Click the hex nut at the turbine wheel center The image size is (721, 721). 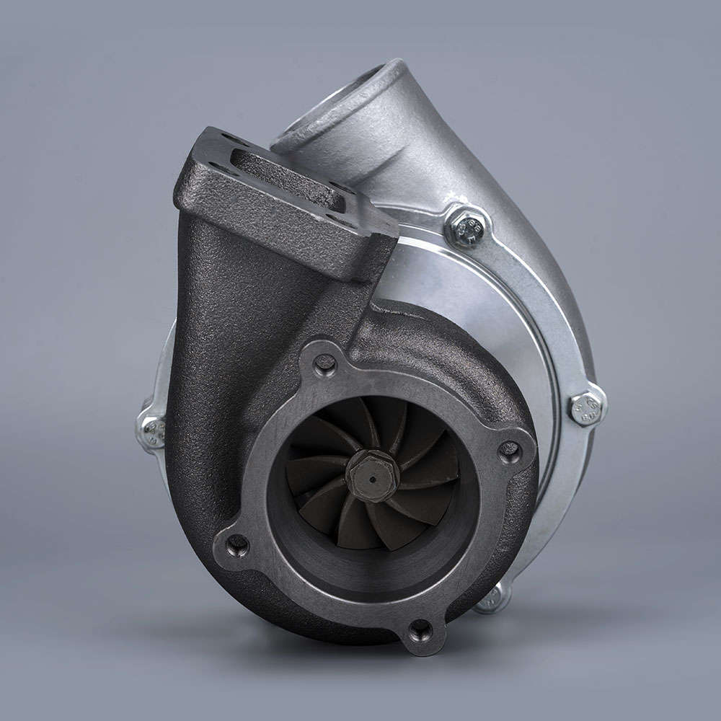tap(372, 474)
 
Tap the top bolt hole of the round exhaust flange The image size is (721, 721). tap(324, 364)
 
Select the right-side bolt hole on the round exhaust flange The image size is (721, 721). tap(510, 451)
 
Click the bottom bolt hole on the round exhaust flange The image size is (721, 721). tap(420, 631)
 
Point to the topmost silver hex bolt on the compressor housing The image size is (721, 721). tap(466, 227)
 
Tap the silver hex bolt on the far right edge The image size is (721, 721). tap(586, 408)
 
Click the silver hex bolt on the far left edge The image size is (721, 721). tap(152, 430)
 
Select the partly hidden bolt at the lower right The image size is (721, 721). tap(492, 596)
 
